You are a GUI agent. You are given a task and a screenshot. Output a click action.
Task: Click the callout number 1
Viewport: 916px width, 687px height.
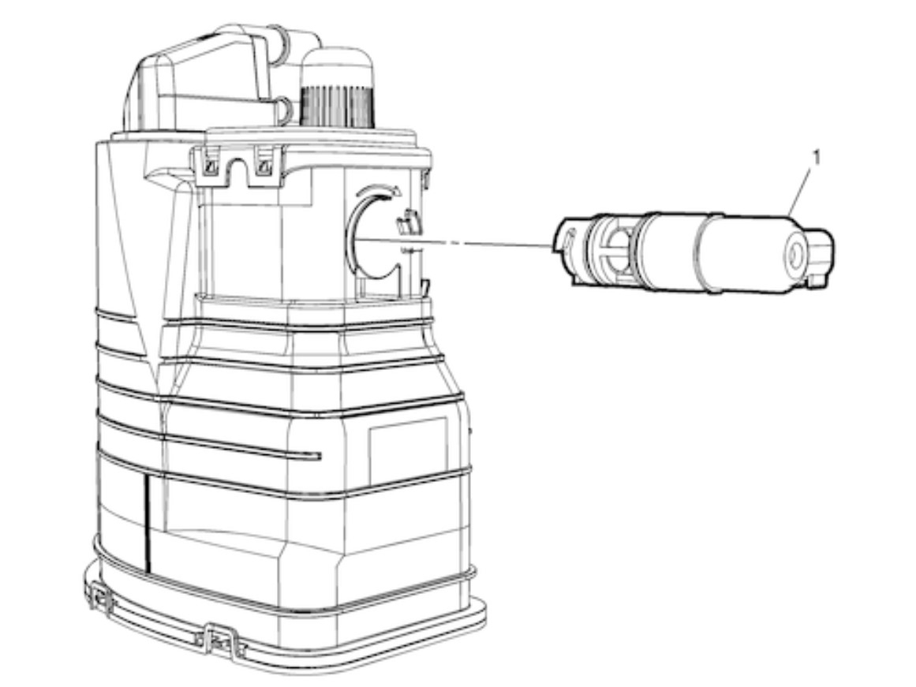point(817,158)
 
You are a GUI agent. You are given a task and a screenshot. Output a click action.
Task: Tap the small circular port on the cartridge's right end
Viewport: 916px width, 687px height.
point(795,256)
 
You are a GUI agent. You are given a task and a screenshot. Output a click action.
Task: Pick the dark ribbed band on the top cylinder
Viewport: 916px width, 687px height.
point(336,106)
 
